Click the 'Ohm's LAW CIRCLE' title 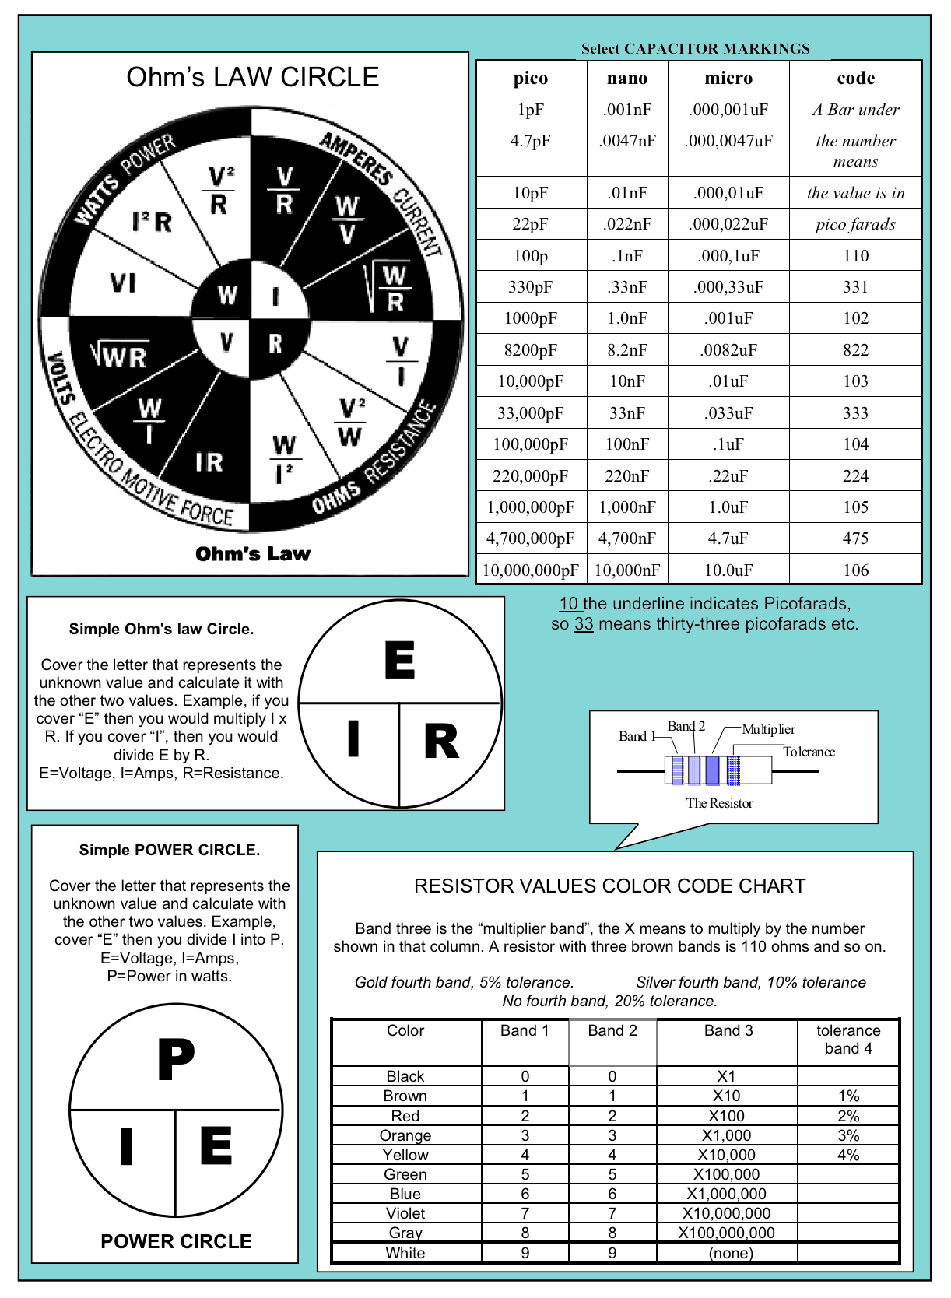[x=252, y=77]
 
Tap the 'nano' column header [x=626, y=78]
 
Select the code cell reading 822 [x=855, y=350]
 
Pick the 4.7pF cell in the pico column [x=530, y=141]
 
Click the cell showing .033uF [x=728, y=413]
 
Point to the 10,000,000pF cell [x=530, y=570]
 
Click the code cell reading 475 [x=855, y=538]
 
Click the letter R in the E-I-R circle [x=441, y=741]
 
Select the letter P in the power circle [x=176, y=1059]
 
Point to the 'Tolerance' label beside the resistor [x=809, y=752]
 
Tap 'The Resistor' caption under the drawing [x=719, y=803]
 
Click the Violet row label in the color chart [x=405, y=1213]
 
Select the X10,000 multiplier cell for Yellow [x=726, y=1155]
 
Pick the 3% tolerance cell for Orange [x=848, y=1135]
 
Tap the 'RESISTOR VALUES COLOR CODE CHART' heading [x=609, y=886]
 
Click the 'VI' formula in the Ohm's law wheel [x=123, y=283]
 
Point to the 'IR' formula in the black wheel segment [x=209, y=463]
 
